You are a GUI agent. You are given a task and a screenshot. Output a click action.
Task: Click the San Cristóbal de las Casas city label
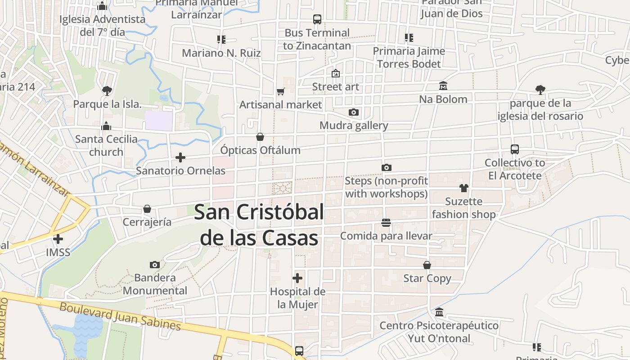pos(259,225)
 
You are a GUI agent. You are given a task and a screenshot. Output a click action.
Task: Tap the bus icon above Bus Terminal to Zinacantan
pos(317,19)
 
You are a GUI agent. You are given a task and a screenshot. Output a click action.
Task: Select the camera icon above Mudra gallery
pos(354,112)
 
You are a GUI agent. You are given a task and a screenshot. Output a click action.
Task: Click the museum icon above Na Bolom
pos(443,85)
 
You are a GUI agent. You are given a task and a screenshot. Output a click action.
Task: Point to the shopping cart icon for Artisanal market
pos(280,92)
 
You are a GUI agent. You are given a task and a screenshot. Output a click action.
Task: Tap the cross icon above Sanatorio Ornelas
pos(180,157)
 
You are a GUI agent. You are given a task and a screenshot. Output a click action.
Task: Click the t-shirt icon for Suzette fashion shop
pos(463,188)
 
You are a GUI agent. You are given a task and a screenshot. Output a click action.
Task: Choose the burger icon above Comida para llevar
pos(386,222)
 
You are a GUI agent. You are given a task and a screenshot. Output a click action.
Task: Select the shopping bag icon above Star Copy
pos(427,265)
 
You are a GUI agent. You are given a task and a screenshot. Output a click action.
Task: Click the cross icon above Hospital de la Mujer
pos(297,278)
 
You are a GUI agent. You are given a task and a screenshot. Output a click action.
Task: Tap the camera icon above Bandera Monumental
pos(154,264)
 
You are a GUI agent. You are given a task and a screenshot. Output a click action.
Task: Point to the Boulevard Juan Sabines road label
pos(121,316)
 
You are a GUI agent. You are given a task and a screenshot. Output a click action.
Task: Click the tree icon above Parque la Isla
pos(107,91)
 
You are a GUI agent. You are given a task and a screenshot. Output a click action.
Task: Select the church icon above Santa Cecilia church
pos(106,126)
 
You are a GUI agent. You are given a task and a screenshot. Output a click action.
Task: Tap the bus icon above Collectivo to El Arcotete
pos(515,149)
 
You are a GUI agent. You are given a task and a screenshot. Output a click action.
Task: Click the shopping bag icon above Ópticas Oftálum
pos(260,137)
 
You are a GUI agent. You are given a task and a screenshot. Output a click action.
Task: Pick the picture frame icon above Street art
pos(336,73)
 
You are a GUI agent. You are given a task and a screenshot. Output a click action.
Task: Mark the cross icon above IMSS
pos(58,239)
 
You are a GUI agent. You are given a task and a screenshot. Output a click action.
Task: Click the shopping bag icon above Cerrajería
pos(147,209)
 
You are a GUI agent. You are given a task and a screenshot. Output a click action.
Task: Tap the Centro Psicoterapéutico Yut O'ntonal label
pos(439,332)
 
